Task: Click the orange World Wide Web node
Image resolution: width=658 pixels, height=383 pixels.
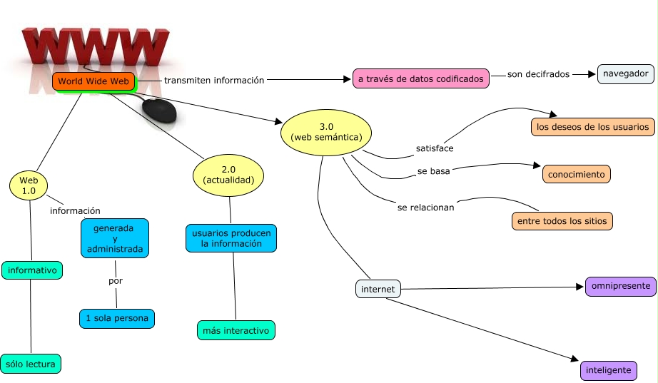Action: coord(93,81)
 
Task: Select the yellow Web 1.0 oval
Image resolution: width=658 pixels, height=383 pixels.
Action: coord(28,185)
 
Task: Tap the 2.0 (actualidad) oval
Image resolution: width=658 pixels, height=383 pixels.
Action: coord(228,175)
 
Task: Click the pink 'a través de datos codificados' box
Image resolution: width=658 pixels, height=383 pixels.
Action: coord(421,78)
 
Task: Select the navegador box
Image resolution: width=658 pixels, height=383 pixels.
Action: coord(625,73)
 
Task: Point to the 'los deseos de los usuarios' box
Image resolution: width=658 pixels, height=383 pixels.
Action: coord(592,127)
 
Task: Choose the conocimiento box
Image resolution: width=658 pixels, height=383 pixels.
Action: coord(576,173)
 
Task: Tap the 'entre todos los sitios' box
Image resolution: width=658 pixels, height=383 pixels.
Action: coord(562,221)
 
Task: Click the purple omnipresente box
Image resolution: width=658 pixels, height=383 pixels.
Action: coord(620,287)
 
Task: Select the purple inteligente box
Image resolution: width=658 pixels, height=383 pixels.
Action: coord(608,371)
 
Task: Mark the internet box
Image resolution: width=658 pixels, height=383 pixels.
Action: coord(378,289)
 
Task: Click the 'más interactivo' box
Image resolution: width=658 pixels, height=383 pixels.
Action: coord(236,330)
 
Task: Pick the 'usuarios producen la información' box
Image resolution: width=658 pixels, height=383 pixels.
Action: coord(231,238)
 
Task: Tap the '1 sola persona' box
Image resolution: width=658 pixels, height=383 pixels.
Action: coord(116,318)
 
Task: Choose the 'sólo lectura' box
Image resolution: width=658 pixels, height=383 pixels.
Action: coord(30,363)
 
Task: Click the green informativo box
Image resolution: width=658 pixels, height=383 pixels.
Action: coord(32,270)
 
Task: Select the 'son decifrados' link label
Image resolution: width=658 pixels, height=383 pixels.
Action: coord(538,74)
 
